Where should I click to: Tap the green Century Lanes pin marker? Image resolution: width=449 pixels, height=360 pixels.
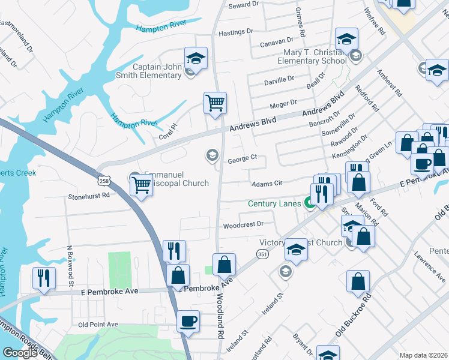[x=310, y=203]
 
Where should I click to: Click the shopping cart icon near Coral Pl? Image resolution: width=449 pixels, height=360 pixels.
[x=215, y=103]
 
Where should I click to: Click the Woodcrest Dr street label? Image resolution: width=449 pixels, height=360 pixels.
[x=243, y=225]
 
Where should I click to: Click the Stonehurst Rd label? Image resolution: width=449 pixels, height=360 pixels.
[x=89, y=195]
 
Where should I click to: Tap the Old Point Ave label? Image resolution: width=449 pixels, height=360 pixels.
[x=98, y=325]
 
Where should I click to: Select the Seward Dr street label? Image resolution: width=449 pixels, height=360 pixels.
[x=243, y=4]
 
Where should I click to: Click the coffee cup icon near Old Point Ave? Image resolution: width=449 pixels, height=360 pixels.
[x=188, y=321]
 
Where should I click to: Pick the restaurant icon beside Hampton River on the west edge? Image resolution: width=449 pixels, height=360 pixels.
[x=44, y=278]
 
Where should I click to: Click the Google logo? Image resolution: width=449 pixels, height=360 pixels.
[x=20, y=353]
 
